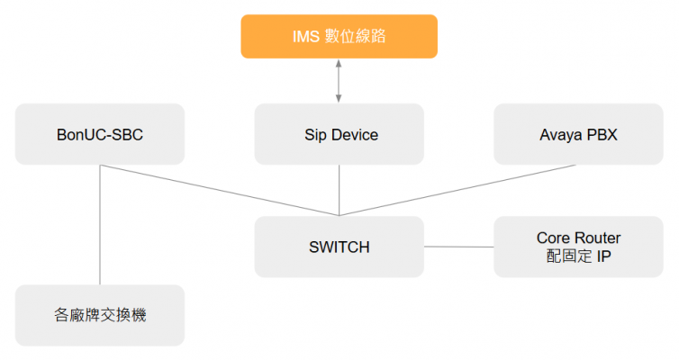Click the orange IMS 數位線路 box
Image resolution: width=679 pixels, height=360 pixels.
[x=339, y=36]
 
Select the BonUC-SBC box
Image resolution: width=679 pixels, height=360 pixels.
[x=100, y=134]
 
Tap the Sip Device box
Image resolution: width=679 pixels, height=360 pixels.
[x=339, y=134]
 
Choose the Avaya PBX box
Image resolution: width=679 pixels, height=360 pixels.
[x=578, y=134]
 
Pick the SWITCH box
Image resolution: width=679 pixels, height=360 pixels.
[x=339, y=247]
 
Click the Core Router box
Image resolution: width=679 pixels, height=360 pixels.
[x=578, y=247]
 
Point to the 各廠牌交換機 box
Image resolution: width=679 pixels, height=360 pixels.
[x=100, y=315]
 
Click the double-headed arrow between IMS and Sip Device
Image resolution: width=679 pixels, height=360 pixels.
[x=339, y=81]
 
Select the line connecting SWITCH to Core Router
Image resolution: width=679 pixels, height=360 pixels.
[x=459, y=247]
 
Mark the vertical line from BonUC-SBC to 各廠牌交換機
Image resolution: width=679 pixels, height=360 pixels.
[x=100, y=225]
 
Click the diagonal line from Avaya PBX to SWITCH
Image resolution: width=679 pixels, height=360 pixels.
[x=457, y=190]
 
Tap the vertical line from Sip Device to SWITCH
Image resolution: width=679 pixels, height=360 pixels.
[x=339, y=190]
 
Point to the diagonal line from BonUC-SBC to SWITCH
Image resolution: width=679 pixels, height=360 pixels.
[x=220, y=190]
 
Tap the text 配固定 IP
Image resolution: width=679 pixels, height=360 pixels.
[x=578, y=256]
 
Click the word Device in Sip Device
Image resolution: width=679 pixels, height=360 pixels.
[x=355, y=135]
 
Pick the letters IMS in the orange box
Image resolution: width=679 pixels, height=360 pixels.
[x=306, y=37]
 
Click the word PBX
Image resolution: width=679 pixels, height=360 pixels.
[x=602, y=135]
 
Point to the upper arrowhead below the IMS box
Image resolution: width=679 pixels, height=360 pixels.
[x=339, y=63]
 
